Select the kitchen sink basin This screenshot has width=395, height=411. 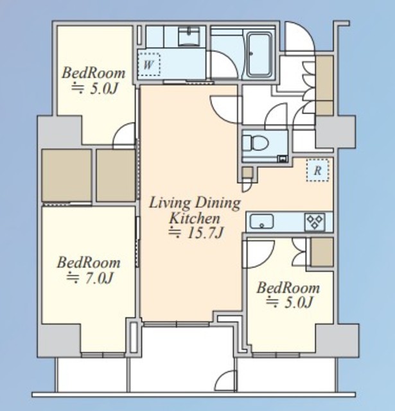(261, 222)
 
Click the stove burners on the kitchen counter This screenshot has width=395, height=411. (315, 222)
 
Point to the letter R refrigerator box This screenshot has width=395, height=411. (317, 170)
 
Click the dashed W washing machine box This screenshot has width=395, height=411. (148, 64)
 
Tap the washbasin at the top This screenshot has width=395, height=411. (189, 36)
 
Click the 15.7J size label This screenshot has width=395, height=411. (197, 233)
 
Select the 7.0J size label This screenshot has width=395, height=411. (90, 278)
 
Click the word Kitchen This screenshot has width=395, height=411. (195, 218)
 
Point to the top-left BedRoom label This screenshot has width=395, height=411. (93, 73)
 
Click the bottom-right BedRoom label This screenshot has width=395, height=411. (288, 288)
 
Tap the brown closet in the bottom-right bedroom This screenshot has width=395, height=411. (322, 252)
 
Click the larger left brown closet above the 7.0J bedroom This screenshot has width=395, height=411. (67, 175)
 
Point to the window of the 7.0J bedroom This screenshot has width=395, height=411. (103, 355)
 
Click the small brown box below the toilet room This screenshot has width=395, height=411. (247, 172)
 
